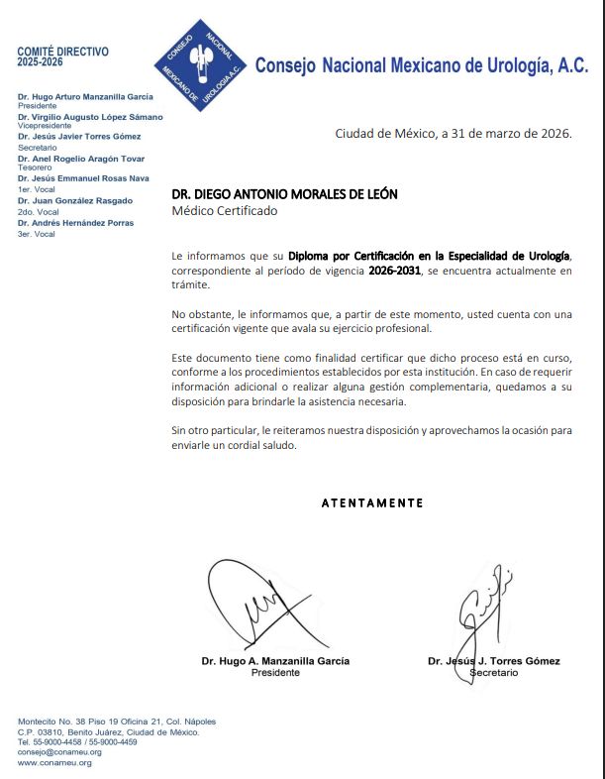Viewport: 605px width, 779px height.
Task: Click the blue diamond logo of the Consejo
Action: (x=202, y=64)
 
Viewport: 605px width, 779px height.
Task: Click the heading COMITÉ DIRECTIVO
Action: (x=63, y=52)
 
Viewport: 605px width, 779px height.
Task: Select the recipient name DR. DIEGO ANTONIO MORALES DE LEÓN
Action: (x=284, y=194)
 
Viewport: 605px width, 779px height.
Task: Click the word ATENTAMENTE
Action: (x=372, y=502)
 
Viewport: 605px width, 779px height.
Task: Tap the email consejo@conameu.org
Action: (x=59, y=752)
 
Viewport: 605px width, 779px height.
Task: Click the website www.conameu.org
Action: (x=54, y=763)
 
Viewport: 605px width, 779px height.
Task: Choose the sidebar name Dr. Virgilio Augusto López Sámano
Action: (x=90, y=117)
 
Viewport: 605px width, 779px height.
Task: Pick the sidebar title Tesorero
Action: (x=36, y=168)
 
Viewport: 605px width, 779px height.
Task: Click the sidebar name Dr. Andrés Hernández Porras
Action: (x=76, y=223)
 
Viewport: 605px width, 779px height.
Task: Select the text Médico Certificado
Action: (x=225, y=211)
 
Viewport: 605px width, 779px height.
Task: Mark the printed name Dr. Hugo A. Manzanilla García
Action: (x=275, y=661)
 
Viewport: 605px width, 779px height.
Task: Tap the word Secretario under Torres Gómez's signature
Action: (x=494, y=672)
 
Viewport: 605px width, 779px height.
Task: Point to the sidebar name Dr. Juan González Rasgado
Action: (x=75, y=201)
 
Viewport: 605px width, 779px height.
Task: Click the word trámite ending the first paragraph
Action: (x=191, y=285)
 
